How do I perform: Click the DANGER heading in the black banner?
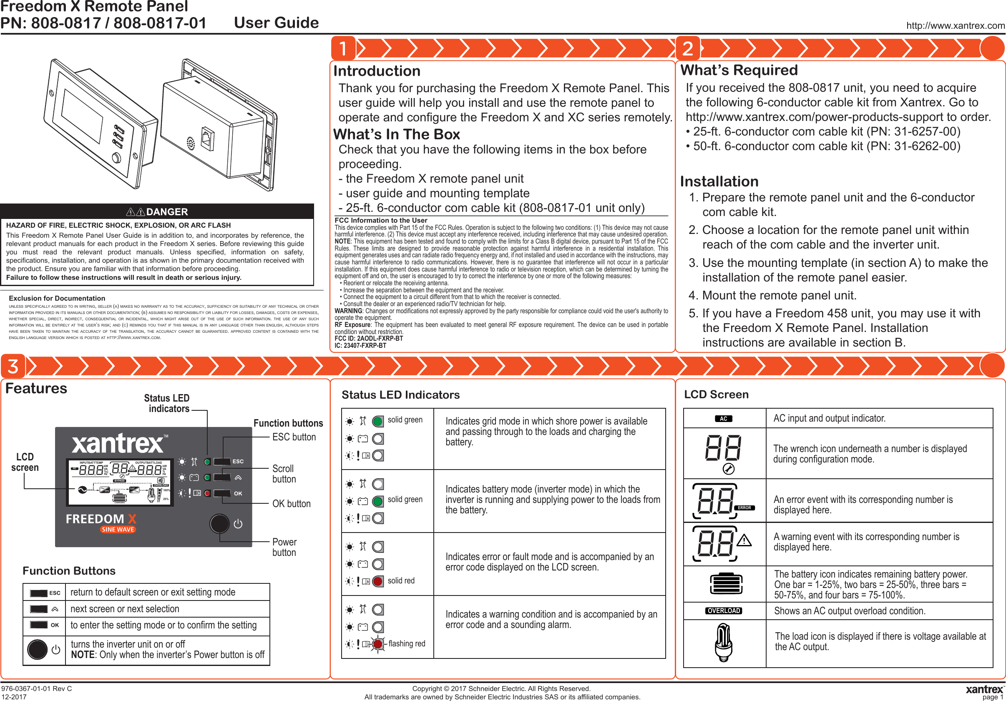pyautogui.click(x=166, y=211)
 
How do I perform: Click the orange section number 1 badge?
pyautogui.click(x=343, y=48)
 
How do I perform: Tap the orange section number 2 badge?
pyautogui.click(x=687, y=48)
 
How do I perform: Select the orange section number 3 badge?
pyautogui.click(x=13, y=366)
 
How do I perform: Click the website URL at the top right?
pyautogui.click(x=955, y=25)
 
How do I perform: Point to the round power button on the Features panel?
pyautogui.click(x=219, y=523)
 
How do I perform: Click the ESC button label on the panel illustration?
pyautogui.click(x=238, y=461)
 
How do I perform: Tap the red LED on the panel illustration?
pyautogui.click(x=207, y=493)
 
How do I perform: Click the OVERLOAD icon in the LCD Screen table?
pyautogui.click(x=723, y=611)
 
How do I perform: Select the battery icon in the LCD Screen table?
pyautogui.click(x=726, y=583)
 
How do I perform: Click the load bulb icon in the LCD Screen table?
pyautogui.click(x=723, y=643)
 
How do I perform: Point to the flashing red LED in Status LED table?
pyautogui.click(x=378, y=643)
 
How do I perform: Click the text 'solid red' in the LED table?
pyautogui.click(x=401, y=580)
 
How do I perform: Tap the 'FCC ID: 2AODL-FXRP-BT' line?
pyautogui.click(x=368, y=339)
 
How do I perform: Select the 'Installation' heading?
pyautogui.click(x=719, y=181)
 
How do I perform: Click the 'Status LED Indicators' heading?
pyautogui.click(x=400, y=395)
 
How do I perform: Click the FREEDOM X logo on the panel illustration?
pyautogui.click(x=101, y=519)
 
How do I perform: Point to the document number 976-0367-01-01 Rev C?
pyautogui.click(x=36, y=688)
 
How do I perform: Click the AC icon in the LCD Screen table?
pyautogui.click(x=723, y=418)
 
